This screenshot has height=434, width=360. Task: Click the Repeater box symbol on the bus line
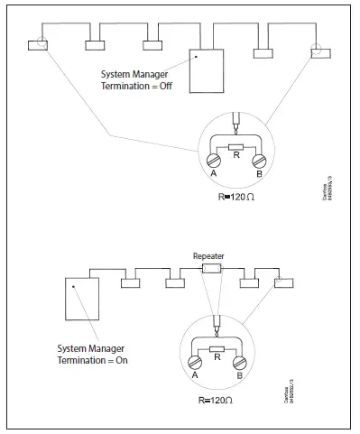click(x=211, y=269)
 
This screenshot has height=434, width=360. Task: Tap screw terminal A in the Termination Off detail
click(x=215, y=161)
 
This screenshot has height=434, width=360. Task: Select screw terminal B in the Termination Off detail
click(x=259, y=161)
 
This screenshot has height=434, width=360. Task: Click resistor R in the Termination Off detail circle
click(x=236, y=145)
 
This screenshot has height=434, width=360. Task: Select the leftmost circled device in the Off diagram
click(x=38, y=45)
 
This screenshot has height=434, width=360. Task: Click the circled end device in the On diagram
click(x=282, y=282)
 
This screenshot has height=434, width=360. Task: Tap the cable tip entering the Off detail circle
click(x=235, y=120)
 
